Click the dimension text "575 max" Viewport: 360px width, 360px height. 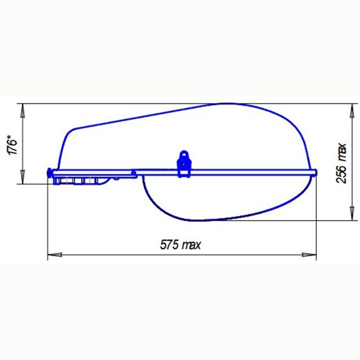click(180, 245)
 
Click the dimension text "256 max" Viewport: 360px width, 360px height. click(341, 163)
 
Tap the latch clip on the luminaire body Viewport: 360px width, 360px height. click(184, 164)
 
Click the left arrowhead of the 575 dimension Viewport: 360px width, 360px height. click(55, 255)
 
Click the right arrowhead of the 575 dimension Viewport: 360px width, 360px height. click(309, 255)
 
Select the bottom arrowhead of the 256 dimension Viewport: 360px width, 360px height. click(352, 213)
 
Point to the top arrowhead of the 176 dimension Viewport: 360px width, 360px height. click(23, 111)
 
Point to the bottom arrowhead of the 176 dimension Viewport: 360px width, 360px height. click(23, 176)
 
